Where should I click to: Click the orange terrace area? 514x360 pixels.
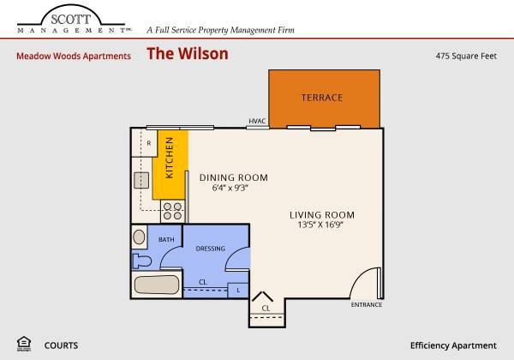324,99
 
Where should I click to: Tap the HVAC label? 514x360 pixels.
257,121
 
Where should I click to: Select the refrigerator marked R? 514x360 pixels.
144,143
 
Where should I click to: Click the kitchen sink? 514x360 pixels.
141,180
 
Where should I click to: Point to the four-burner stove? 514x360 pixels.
172,211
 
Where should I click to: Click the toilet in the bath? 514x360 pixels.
141,261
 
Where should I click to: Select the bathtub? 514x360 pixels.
157,285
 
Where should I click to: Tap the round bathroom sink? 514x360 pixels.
140,237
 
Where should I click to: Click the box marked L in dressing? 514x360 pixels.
238,291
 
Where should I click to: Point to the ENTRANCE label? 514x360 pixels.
367,305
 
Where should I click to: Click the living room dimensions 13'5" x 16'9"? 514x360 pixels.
320,225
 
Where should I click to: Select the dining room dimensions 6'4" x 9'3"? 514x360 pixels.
230,188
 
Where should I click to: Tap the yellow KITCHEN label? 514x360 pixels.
169,158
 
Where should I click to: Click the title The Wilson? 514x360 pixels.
188,53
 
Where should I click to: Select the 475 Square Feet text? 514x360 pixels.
466,56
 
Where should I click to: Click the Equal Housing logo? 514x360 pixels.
24,344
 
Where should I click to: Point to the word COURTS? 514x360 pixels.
62,345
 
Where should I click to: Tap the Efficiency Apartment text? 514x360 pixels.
453,346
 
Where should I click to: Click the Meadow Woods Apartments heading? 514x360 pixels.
74,56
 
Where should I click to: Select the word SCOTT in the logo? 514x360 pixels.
71,20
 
